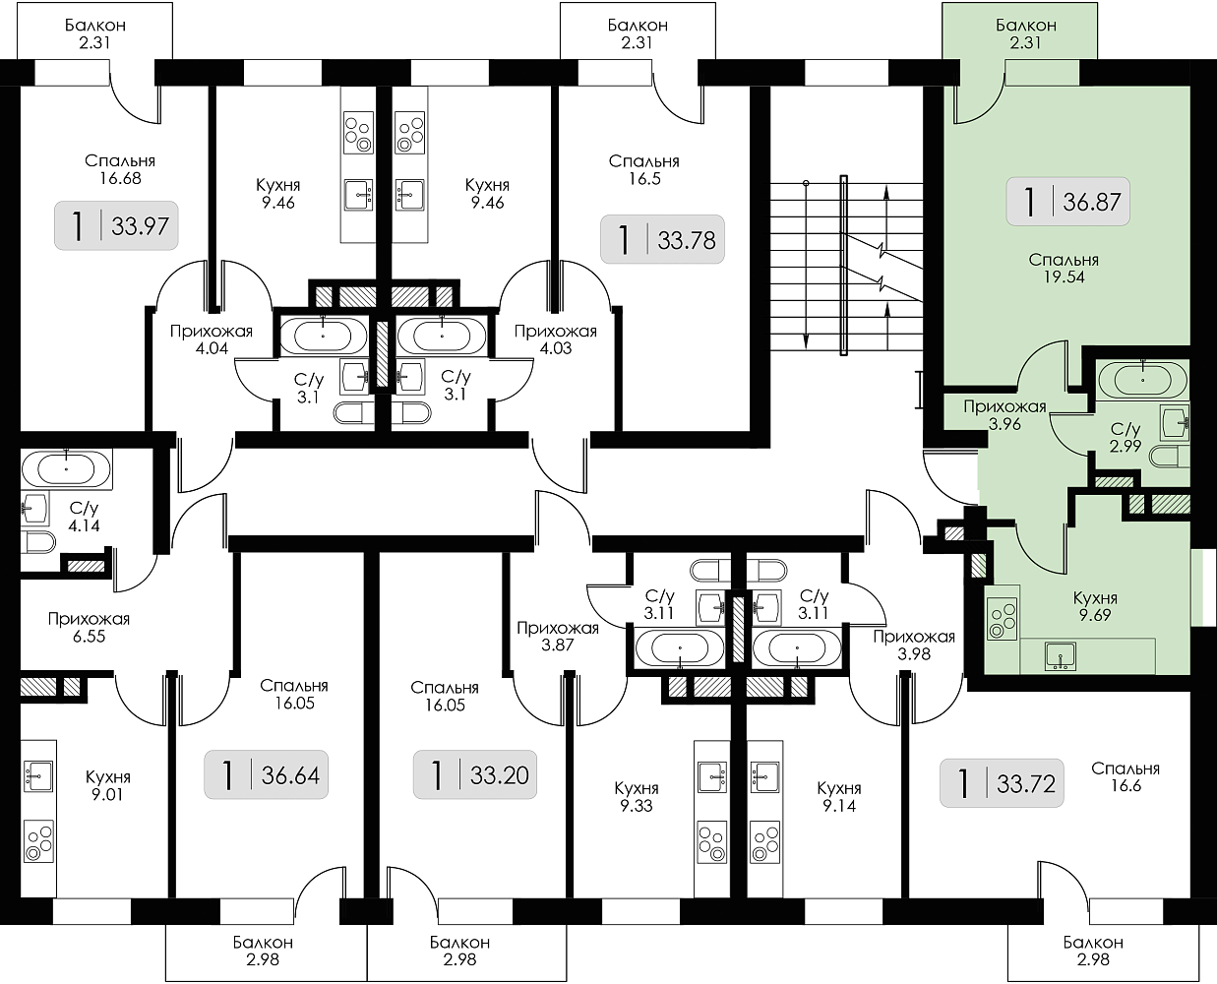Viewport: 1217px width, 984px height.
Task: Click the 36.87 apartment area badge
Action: coord(1067,203)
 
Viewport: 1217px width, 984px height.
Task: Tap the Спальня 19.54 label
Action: coord(1063,269)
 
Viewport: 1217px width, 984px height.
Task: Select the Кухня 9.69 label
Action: coord(1095,606)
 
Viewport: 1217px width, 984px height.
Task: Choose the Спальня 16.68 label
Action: coord(120,168)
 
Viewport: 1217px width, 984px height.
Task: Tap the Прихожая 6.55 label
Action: coord(89,628)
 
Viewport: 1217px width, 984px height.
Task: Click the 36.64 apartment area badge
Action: coord(266,775)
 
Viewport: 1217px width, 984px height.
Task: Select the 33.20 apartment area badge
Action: coord(473,775)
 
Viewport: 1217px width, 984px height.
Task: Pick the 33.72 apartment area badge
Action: coord(1001,783)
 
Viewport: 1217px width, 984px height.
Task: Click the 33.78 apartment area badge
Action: coord(662,238)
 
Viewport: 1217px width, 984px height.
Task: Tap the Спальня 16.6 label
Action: coord(1126,777)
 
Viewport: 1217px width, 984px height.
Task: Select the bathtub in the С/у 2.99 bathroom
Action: coord(1142,377)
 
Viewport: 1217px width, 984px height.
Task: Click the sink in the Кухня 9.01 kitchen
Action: coord(37,775)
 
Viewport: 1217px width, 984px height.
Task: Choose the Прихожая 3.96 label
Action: coord(1004,415)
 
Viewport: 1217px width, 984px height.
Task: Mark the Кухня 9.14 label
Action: coord(839,797)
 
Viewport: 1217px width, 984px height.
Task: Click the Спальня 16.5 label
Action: coord(643,169)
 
